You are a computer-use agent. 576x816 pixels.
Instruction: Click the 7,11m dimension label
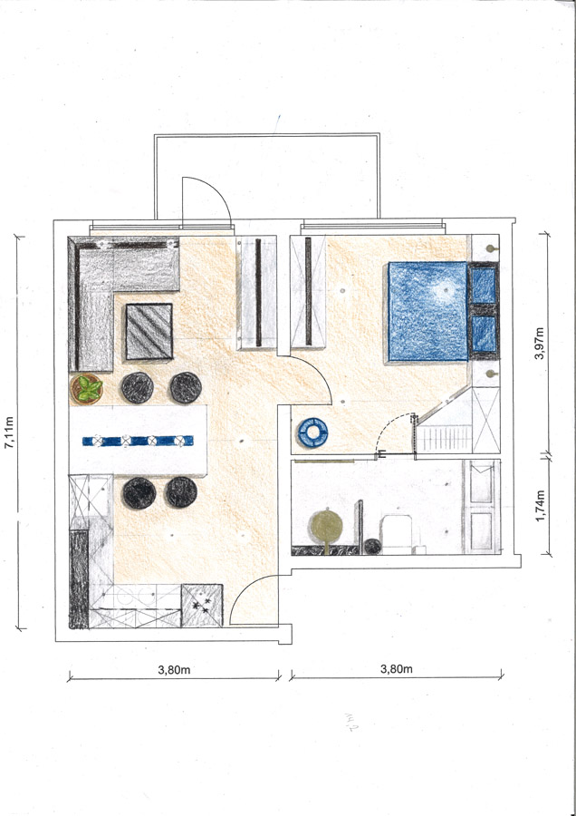[x=10, y=432]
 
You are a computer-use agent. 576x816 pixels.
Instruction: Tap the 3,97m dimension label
[x=540, y=344]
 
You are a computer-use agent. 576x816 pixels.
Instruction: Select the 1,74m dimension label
[x=540, y=505]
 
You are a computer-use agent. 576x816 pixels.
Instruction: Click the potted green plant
[x=86, y=389]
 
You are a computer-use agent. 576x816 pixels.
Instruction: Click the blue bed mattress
[x=427, y=311]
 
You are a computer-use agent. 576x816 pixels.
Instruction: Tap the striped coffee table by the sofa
[x=149, y=332]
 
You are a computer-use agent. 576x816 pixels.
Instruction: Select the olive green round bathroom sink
[x=326, y=526]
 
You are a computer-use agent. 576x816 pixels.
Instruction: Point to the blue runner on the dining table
[x=138, y=441]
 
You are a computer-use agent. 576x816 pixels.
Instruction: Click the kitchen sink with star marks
[x=202, y=605]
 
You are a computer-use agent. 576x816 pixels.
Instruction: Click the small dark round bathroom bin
[x=372, y=546]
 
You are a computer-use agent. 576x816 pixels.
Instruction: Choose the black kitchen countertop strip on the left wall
[x=79, y=578]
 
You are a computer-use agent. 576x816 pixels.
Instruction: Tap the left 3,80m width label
[x=174, y=670]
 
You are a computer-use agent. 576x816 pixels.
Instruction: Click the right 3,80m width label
[x=396, y=669]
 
